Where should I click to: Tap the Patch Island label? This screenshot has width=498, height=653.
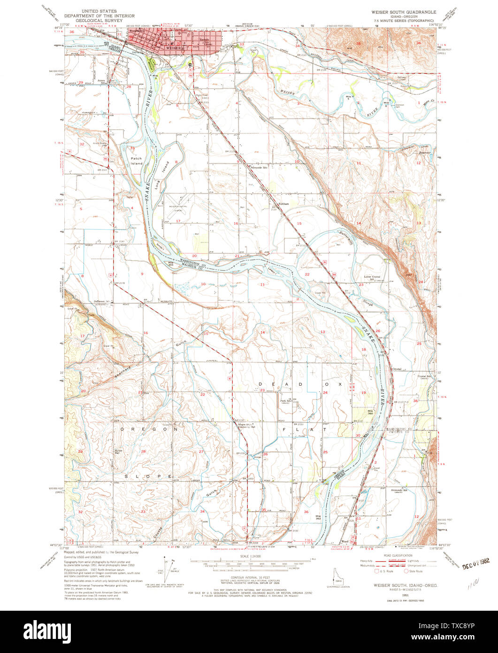pos(137,162)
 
